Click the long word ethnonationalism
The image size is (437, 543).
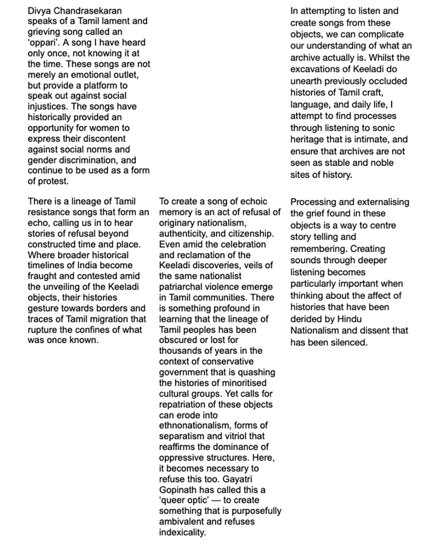click(x=191, y=425)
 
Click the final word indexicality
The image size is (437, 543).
click(x=182, y=532)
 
